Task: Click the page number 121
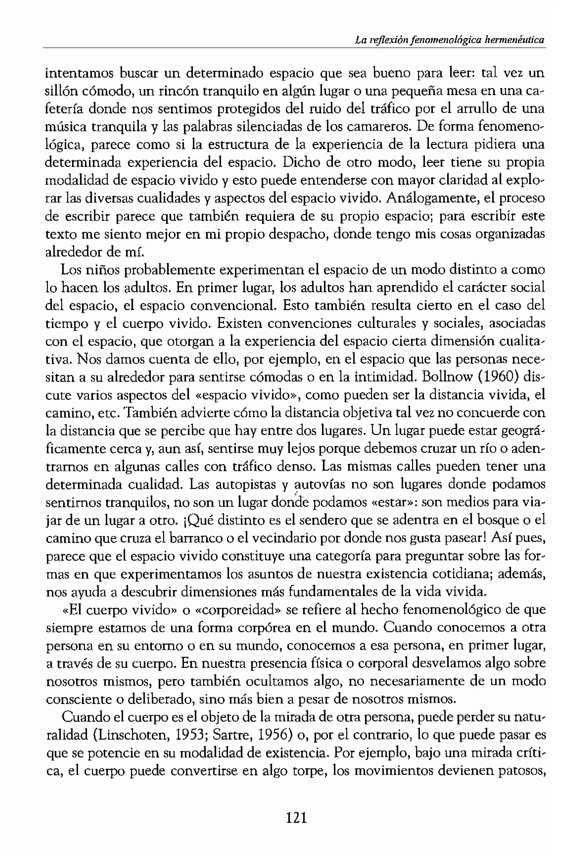click(x=296, y=818)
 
